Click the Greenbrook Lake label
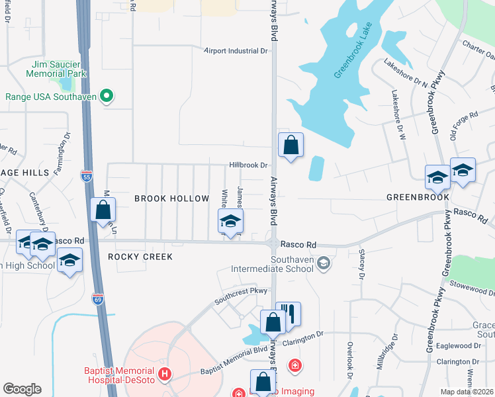[x=353, y=52]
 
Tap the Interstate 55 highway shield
[x=87, y=176]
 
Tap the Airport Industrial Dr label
[x=236, y=50]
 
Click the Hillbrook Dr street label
[x=248, y=165]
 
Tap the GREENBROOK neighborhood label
[x=418, y=197]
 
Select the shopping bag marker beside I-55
[x=104, y=211]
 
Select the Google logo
[x=22, y=389]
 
